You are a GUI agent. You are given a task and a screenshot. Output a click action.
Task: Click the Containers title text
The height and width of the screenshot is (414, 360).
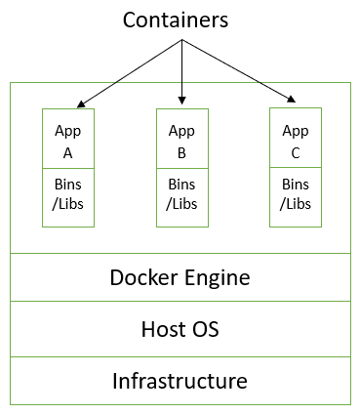pos(180,20)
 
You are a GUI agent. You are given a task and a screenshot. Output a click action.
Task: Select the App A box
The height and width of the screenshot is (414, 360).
pos(68,139)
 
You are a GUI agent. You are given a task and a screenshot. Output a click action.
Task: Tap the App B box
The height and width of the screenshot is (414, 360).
pos(181,139)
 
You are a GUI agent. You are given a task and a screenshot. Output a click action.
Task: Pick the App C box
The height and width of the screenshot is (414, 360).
pos(295,139)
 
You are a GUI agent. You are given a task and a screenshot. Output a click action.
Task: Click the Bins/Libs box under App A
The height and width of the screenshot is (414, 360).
pos(68,196)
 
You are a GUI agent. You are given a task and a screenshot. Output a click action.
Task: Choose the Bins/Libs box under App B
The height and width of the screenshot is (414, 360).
pos(181,196)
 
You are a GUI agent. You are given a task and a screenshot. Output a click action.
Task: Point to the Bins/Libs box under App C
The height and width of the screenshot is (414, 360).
pos(295,196)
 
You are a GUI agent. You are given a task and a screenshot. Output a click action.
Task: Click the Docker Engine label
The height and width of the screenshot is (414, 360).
pos(180,277)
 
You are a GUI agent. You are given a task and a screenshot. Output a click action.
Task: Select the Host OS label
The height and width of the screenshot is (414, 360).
pos(180,329)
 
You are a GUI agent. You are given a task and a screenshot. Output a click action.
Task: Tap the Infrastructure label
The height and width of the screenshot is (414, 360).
pos(180,380)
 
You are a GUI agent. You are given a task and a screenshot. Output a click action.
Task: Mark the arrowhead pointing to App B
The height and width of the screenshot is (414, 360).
pos(181,101)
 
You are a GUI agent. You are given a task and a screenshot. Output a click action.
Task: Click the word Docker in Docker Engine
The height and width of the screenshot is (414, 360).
pos(145,277)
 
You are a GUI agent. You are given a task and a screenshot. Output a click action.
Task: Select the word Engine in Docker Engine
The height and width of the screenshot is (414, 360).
pos(218,277)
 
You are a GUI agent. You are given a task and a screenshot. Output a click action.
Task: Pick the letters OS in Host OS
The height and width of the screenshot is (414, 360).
pos(205,329)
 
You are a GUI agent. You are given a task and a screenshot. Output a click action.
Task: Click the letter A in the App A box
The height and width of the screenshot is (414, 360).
pos(68,151)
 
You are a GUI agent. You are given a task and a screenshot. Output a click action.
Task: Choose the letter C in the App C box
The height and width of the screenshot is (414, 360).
pos(295,151)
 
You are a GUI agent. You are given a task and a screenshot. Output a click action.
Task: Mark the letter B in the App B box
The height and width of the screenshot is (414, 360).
pos(181,151)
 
